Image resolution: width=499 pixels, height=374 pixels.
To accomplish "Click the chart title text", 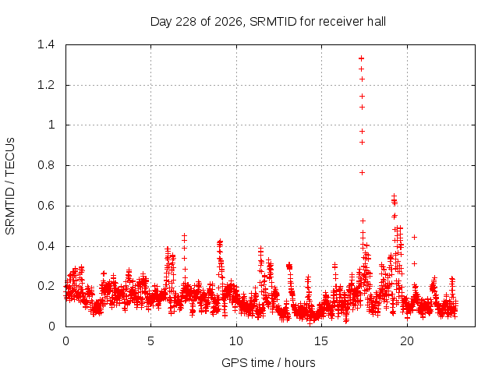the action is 268,22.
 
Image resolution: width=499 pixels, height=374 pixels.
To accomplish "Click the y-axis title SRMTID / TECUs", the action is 10,186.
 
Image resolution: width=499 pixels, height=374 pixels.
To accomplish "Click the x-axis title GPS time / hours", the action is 268,362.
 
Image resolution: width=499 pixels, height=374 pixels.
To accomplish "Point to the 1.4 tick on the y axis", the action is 46,44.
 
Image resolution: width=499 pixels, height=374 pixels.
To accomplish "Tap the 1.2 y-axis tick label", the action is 46,85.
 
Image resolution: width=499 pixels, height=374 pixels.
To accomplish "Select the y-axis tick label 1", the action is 51,125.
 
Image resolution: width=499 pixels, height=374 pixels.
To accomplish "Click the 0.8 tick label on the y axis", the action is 46,165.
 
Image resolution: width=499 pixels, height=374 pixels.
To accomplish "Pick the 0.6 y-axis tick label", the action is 46,206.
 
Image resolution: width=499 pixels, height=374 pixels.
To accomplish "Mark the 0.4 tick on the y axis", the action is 46,246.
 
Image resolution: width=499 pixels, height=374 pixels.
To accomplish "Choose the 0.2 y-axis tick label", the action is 46,286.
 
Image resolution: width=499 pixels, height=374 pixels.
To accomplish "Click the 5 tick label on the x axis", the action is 150,341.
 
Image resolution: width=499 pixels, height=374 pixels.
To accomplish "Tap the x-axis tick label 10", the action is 236,341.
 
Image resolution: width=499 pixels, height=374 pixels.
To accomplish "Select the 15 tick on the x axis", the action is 321,341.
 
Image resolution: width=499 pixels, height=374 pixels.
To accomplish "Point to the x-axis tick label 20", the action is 407,341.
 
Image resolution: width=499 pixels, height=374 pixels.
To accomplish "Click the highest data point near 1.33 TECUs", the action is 361,58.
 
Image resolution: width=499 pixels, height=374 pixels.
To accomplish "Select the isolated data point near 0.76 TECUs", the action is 362,172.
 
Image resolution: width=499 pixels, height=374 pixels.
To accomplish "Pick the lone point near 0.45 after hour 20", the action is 414,237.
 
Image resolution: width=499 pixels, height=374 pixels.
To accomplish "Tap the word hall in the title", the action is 377,22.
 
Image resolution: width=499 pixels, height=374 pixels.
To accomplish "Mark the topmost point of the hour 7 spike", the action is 184,235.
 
